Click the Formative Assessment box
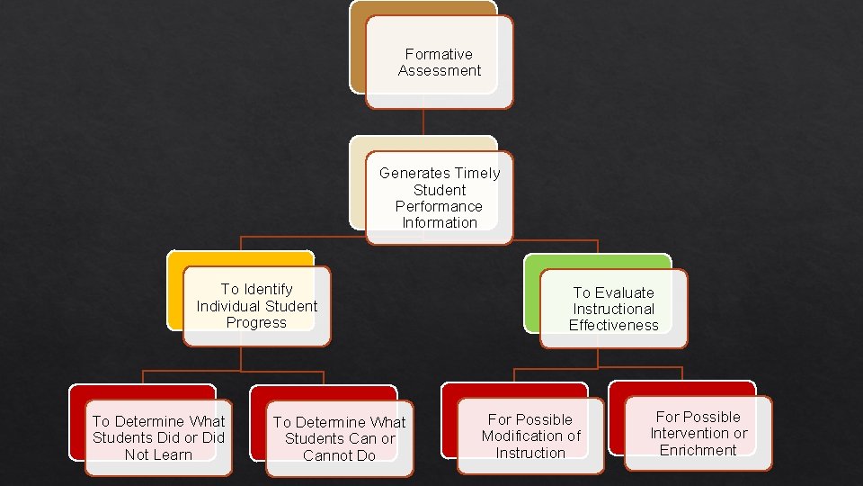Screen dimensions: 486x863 point(439,62)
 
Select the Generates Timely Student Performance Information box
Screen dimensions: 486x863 point(439,198)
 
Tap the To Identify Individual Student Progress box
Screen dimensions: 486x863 point(256,306)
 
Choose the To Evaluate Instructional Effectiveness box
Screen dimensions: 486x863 point(613,309)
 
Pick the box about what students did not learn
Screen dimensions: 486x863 point(158,437)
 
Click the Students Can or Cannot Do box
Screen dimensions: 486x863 point(339,438)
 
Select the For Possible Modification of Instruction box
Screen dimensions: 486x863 point(530,436)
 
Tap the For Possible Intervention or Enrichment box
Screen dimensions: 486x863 point(698,433)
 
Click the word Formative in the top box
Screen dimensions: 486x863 point(439,54)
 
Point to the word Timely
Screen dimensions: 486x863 point(477,173)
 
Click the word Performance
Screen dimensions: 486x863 point(439,206)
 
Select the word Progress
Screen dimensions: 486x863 point(256,322)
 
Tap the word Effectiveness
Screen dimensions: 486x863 point(613,325)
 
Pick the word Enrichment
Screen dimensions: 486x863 point(698,450)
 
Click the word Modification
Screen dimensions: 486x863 point(523,436)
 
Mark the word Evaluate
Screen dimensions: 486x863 point(624,292)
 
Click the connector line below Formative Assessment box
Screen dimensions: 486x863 point(423,122)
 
